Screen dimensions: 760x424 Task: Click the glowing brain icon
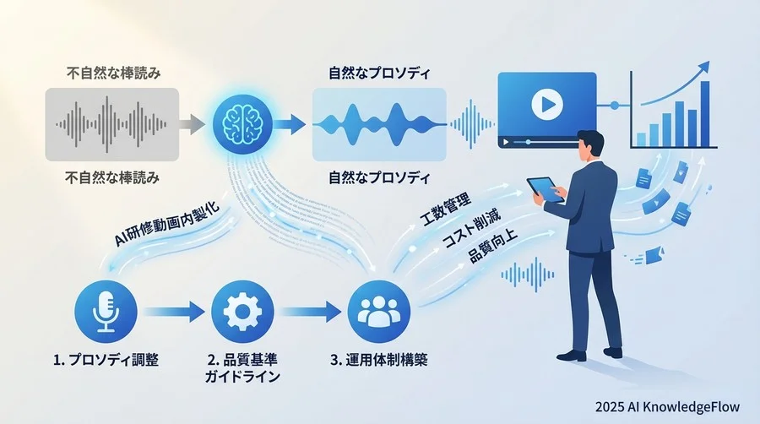pyautogui.click(x=242, y=123)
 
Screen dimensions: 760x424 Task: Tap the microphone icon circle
pyautogui.click(x=106, y=312)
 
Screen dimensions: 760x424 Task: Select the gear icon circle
pyautogui.click(x=243, y=312)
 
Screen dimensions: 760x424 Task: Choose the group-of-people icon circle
pyautogui.click(x=379, y=312)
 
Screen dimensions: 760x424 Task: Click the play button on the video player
pyautogui.click(x=547, y=104)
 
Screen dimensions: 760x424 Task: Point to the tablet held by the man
pyautogui.click(x=546, y=189)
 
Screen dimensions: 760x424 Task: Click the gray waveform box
pyautogui.click(x=112, y=124)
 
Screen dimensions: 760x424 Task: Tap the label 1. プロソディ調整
pyautogui.click(x=106, y=360)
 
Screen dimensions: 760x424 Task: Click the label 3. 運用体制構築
pyautogui.click(x=379, y=360)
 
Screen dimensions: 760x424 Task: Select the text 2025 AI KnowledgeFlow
pyautogui.click(x=667, y=406)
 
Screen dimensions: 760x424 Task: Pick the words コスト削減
pyautogui.click(x=471, y=229)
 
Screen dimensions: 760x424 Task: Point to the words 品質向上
pyautogui.click(x=493, y=247)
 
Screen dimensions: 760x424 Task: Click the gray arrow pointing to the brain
pyautogui.click(x=193, y=124)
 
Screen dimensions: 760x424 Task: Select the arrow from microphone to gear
pyautogui.click(x=173, y=312)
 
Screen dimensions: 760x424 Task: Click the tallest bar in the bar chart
pyautogui.click(x=705, y=114)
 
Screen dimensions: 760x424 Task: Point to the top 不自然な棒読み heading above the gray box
pyautogui.click(x=113, y=73)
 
